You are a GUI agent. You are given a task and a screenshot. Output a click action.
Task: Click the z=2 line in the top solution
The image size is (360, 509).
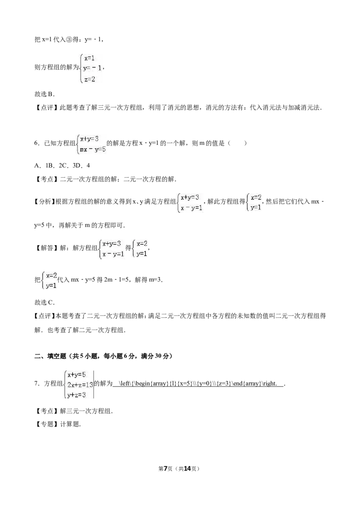tap(90, 79)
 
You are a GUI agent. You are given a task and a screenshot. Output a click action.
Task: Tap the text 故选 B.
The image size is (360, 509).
tap(45, 94)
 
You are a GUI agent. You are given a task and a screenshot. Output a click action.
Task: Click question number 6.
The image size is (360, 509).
tap(37, 143)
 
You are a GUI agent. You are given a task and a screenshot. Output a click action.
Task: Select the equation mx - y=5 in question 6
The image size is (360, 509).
tap(93, 150)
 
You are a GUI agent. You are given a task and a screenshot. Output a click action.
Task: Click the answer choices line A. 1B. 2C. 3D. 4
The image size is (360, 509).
tap(62, 165)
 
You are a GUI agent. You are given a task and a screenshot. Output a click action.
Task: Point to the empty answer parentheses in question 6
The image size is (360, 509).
tap(237, 143)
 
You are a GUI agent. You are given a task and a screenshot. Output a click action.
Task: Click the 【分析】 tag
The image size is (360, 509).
tap(45, 201)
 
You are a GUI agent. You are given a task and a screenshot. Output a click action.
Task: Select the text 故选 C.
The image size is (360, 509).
tap(45, 303)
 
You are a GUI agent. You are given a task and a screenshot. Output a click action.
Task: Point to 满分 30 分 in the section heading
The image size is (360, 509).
tap(155, 356)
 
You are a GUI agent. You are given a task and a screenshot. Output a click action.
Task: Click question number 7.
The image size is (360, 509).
tap(37, 384)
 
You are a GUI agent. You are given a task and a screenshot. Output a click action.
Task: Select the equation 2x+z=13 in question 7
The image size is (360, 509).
tap(80, 384)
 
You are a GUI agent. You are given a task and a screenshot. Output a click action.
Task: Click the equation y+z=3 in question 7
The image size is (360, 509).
tap(76, 395)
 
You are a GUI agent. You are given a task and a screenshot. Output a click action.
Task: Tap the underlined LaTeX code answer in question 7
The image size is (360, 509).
tap(198, 384)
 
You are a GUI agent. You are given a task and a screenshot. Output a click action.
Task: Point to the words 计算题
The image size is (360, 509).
tap(70, 424)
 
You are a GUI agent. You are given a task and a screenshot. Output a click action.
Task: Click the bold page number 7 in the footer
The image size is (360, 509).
tap(166, 469)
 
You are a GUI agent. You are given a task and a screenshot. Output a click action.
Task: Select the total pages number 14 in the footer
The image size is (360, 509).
tap(188, 469)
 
